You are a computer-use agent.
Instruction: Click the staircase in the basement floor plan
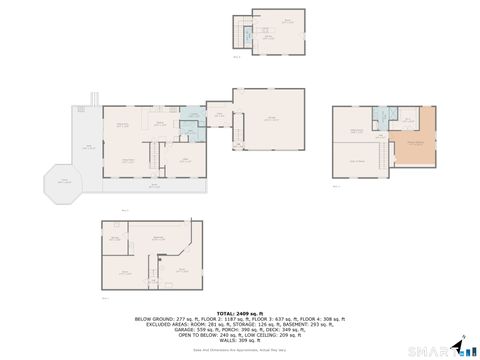155,268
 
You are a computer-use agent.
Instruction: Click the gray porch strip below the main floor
155,186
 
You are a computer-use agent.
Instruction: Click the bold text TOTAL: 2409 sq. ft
240,312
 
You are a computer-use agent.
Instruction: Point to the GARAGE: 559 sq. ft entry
166,330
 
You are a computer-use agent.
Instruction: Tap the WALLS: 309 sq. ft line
240,341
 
